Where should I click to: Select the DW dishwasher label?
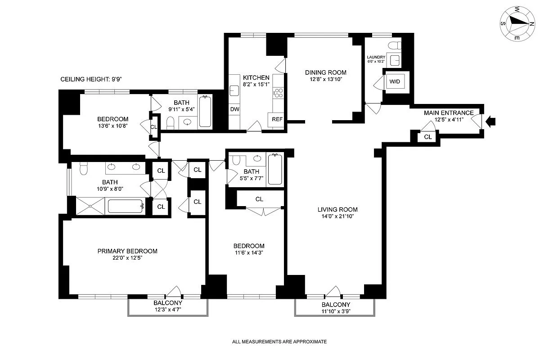[234, 109]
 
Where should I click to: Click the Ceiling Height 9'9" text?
[91, 79]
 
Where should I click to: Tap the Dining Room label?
[325, 72]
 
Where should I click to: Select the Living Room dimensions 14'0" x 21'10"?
[337, 217]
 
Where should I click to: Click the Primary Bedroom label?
[127, 251]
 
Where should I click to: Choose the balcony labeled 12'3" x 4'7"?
[167, 306]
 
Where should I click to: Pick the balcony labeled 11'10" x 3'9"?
[335, 308]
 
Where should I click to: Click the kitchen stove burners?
[279, 93]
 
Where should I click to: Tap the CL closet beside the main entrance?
[427, 137]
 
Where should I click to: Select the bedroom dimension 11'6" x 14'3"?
[248, 253]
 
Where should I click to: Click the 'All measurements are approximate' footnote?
[279, 342]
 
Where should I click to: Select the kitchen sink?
[234, 90]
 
